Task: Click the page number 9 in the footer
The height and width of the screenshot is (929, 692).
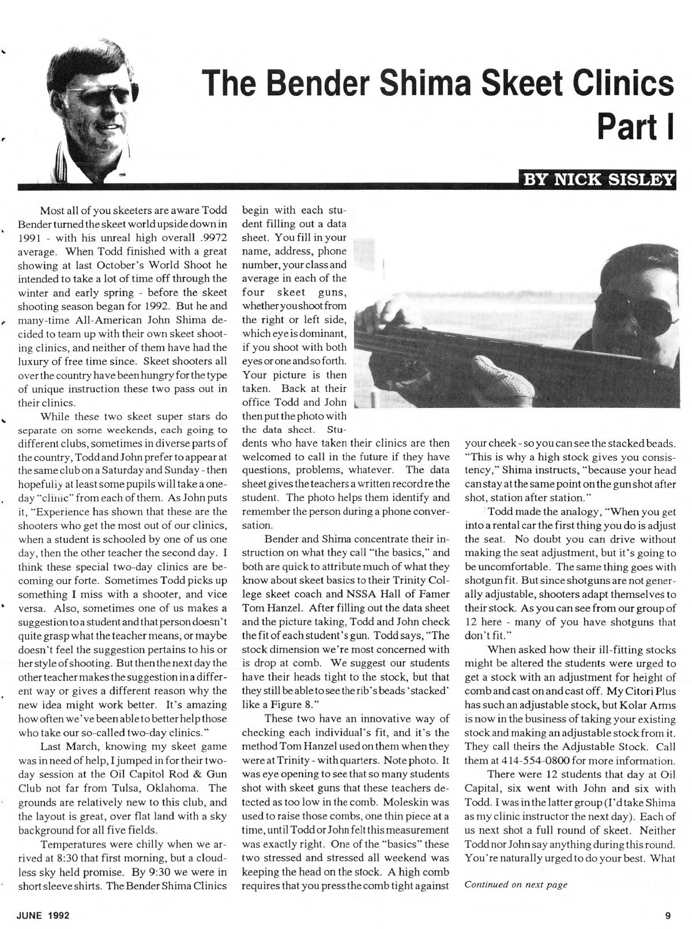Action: pyautogui.click(x=667, y=915)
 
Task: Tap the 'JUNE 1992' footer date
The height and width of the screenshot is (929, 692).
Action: pyautogui.click(x=44, y=915)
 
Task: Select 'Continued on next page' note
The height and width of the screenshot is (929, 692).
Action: pyautogui.click(x=516, y=885)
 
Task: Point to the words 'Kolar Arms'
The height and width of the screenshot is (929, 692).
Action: pyautogui.click(x=646, y=705)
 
